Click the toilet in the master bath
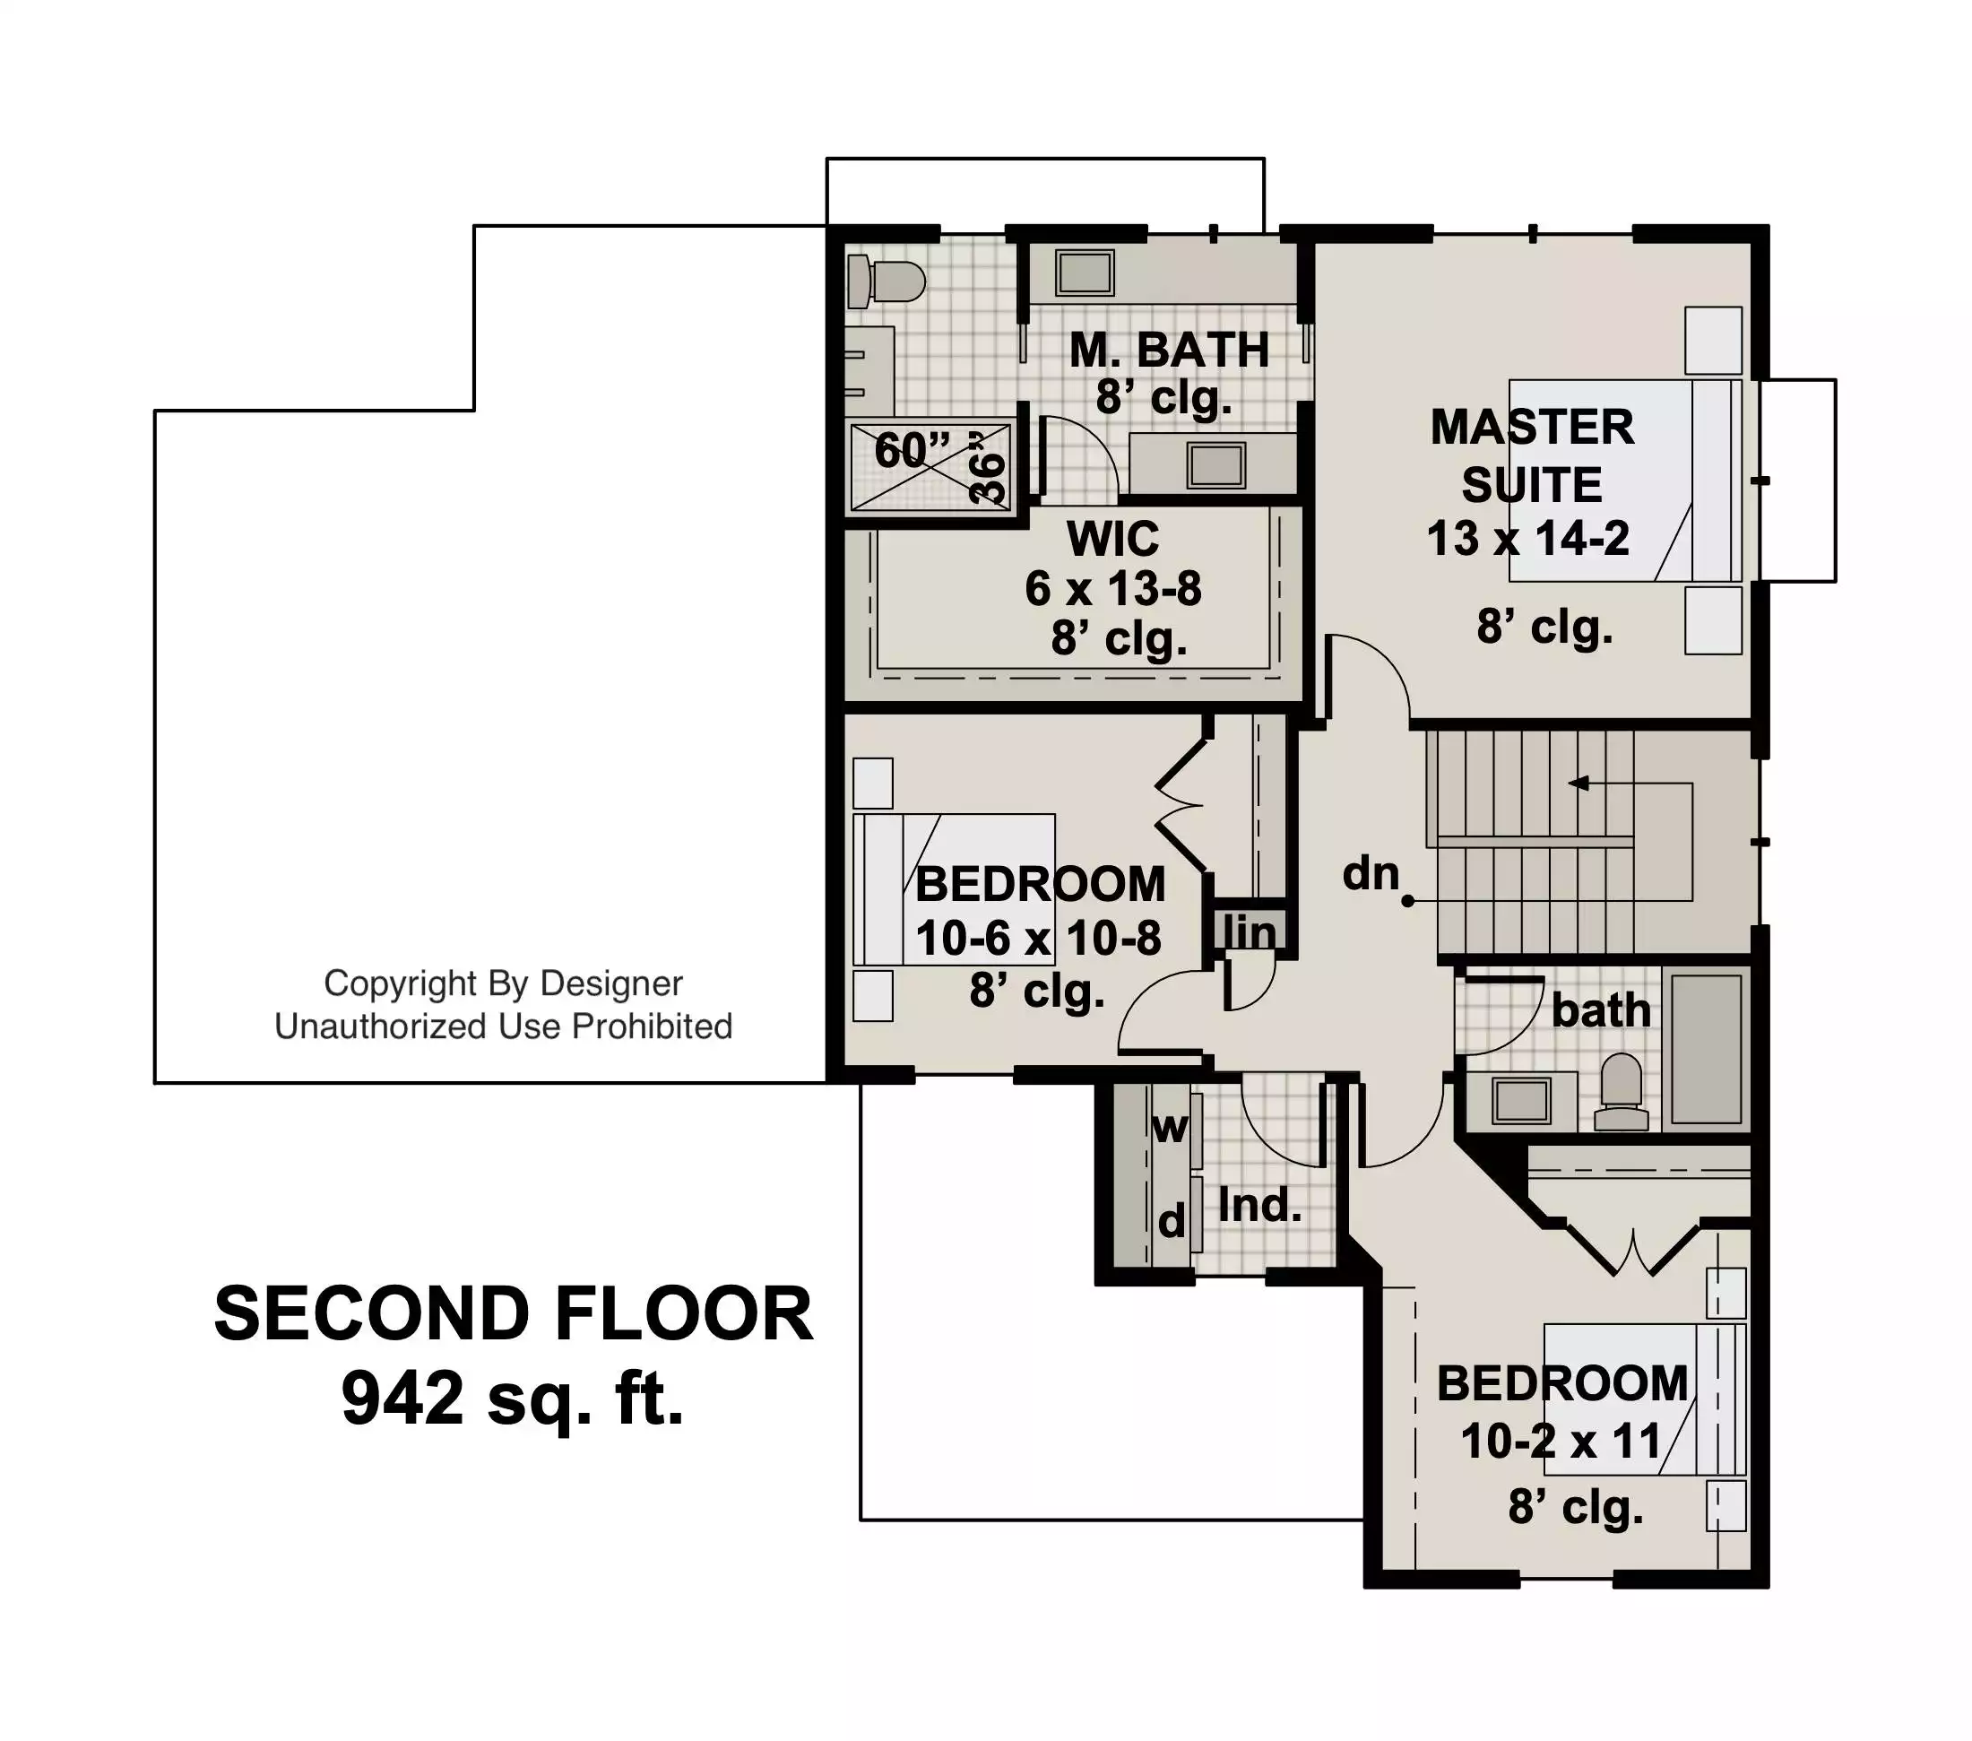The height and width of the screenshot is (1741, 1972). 886,282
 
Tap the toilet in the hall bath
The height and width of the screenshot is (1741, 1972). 1621,1092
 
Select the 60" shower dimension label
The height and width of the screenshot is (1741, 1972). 912,450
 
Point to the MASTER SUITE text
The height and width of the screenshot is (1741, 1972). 1532,455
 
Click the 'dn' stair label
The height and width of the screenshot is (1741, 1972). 1371,873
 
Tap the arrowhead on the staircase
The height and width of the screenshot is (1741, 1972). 1578,783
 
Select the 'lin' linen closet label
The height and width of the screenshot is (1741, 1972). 1250,932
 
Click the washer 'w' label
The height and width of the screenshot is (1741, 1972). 1171,1128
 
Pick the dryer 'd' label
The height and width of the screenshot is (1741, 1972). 1172,1223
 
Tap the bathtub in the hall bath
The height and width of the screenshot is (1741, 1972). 1707,1048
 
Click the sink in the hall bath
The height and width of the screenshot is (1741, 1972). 1521,1100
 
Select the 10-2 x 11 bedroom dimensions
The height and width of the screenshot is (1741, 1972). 1560,1442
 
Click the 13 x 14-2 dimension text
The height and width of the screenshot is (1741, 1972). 1528,539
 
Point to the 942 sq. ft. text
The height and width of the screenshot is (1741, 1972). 513,1399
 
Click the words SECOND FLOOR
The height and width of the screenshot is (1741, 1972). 514,1314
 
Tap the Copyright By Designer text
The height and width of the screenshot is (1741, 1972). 503,983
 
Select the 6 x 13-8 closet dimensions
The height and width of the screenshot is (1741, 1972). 1113,589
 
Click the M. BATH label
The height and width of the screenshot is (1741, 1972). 1170,350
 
